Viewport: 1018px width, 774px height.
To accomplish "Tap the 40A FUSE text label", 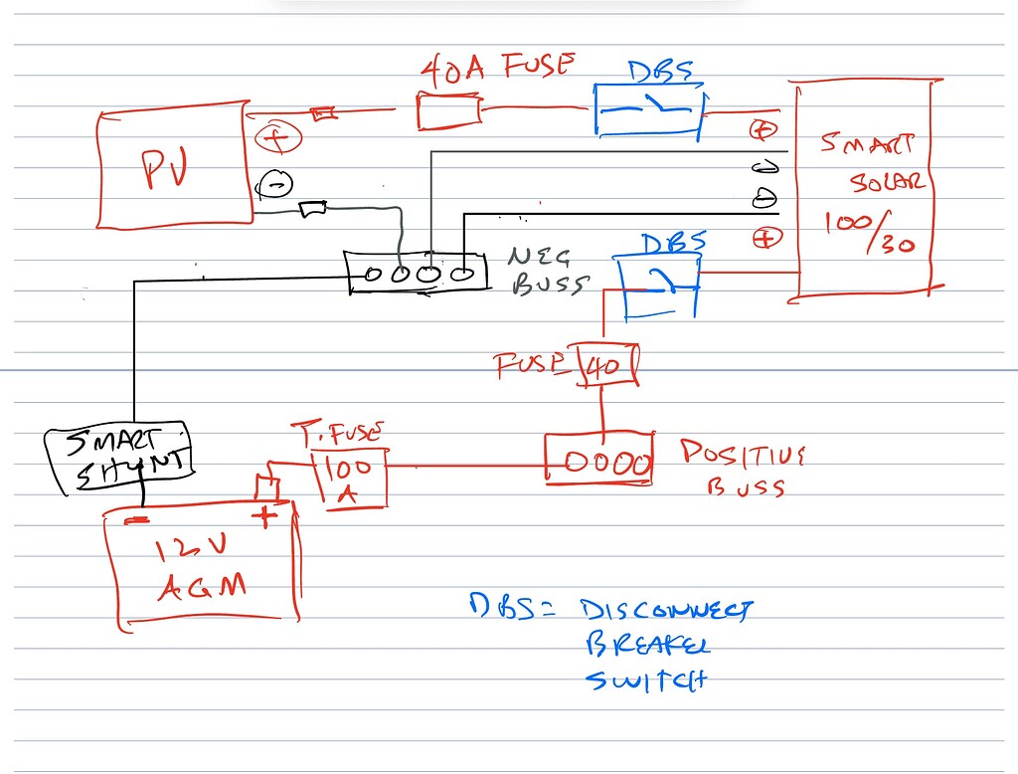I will (497, 68).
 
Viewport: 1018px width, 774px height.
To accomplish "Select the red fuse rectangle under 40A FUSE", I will (449, 110).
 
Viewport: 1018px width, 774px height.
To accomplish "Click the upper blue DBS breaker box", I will (648, 112).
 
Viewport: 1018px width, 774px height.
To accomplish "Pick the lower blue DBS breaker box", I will (659, 286).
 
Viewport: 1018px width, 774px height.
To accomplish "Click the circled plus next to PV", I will (277, 138).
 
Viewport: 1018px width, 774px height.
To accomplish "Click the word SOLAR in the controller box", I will (888, 182).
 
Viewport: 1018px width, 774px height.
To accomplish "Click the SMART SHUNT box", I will (118, 458).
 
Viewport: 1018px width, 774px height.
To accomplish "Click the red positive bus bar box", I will (599, 461).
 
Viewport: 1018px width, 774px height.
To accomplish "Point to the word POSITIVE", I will (743, 455).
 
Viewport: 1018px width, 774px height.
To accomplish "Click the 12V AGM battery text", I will (202, 569).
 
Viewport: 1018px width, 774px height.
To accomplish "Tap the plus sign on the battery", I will (265, 515).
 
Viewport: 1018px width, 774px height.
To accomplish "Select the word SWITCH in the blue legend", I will (645, 681).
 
